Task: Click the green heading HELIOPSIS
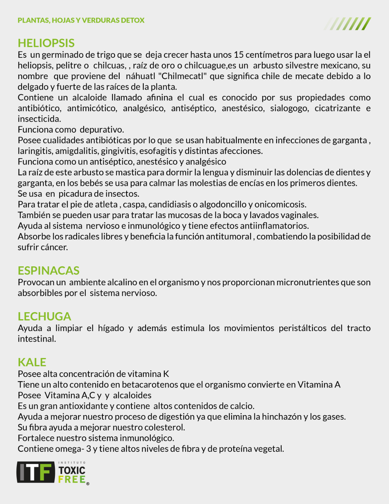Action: point(46,43)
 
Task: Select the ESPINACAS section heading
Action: point(49,271)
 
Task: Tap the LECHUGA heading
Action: point(44,316)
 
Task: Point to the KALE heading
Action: point(32,362)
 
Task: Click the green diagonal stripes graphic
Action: point(348,24)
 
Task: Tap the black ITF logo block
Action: point(36,472)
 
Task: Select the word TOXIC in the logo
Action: point(72,470)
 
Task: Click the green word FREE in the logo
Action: point(72,479)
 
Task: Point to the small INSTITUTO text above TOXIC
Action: point(72,463)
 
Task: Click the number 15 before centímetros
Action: point(238,55)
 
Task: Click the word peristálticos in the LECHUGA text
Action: point(303,328)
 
